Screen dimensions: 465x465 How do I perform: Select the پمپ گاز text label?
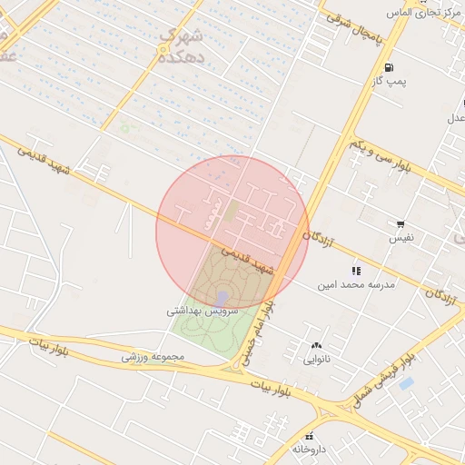click(x=389, y=82)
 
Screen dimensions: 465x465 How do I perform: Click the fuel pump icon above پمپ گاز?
click(x=390, y=67)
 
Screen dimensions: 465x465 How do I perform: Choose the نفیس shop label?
click(x=401, y=238)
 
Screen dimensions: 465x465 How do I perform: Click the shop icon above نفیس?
click(x=401, y=223)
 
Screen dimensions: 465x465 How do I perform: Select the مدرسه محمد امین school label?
click(x=357, y=284)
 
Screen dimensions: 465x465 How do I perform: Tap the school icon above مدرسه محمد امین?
click(x=356, y=270)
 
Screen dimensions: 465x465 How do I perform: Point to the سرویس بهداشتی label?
click(x=203, y=310)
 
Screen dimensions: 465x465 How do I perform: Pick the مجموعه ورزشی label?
click(x=153, y=357)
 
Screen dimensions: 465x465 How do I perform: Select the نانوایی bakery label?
click(x=316, y=360)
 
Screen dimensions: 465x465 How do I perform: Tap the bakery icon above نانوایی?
click(x=316, y=345)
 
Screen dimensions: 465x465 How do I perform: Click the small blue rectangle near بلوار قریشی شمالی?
click(x=406, y=384)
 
